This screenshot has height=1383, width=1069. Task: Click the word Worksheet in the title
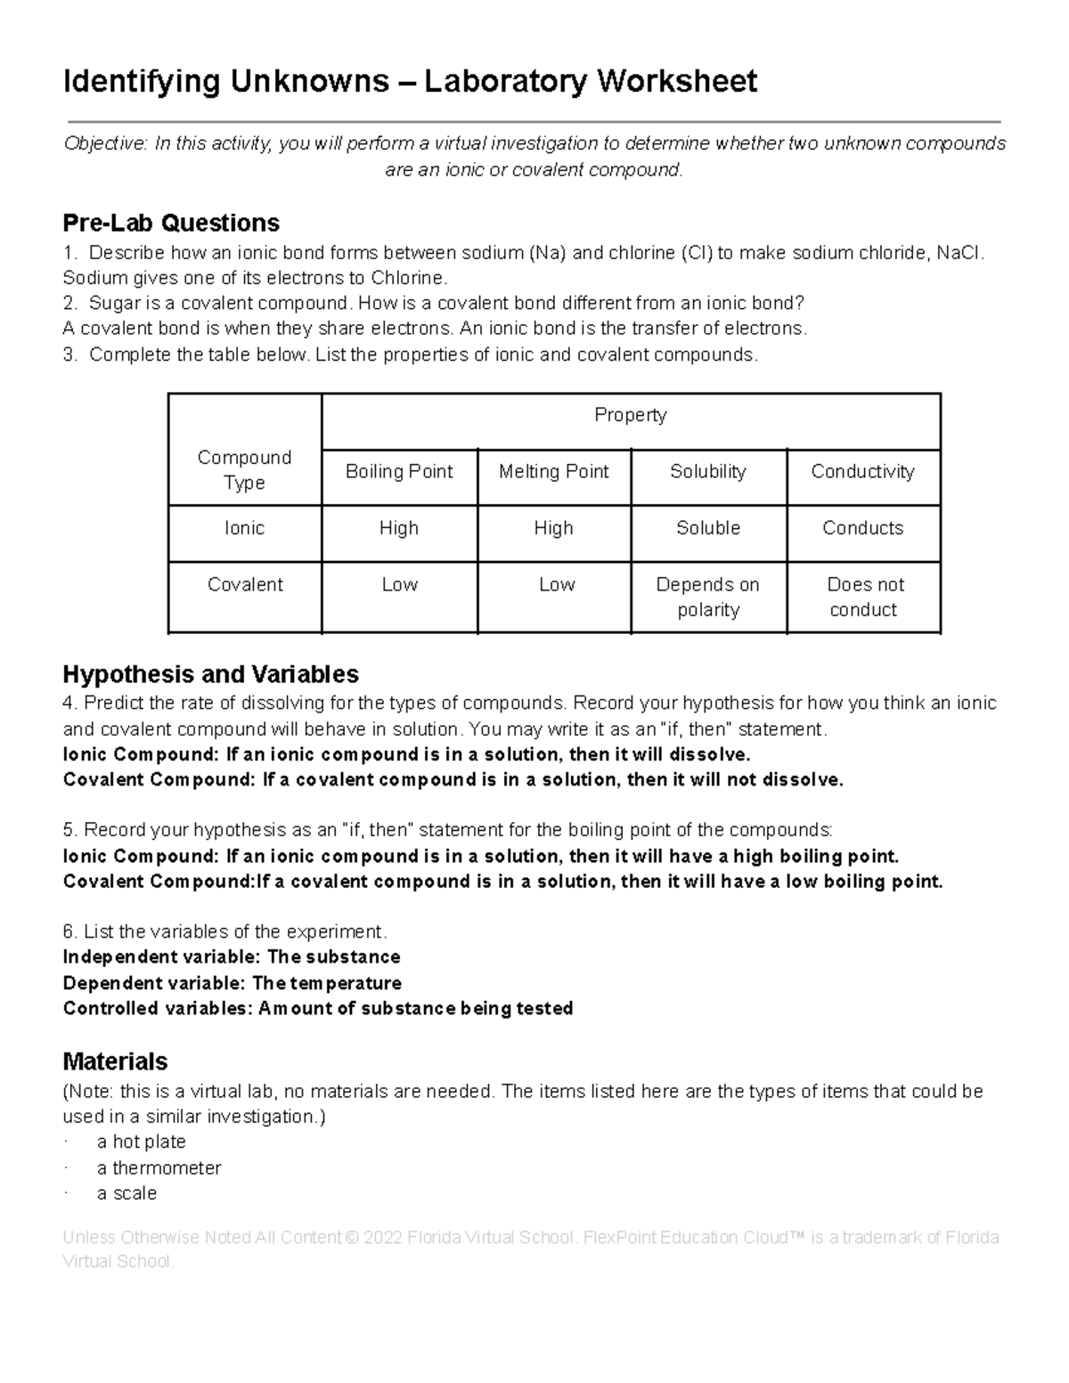pyautogui.click(x=677, y=81)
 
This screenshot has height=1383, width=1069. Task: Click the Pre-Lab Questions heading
pyautogui.click(x=171, y=223)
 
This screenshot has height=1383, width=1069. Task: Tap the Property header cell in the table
pyautogui.click(x=630, y=415)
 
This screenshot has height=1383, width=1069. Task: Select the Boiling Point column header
pyautogui.click(x=399, y=471)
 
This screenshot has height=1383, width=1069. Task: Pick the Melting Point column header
pyautogui.click(x=553, y=471)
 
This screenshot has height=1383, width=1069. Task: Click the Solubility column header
pyautogui.click(x=707, y=471)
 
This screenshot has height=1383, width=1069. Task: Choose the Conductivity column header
pyautogui.click(x=862, y=471)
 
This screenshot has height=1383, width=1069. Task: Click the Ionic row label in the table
pyautogui.click(x=244, y=528)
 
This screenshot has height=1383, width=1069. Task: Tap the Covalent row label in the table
pyautogui.click(x=244, y=585)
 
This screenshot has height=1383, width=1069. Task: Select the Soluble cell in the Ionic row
pyautogui.click(x=707, y=528)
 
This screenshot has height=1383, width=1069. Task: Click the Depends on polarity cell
pyautogui.click(x=707, y=597)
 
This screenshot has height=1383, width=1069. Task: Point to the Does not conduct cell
pyautogui.click(x=863, y=597)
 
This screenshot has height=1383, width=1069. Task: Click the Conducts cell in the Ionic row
pyautogui.click(x=862, y=528)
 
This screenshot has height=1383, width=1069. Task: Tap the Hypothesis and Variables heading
pyautogui.click(x=210, y=674)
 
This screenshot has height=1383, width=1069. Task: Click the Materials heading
pyautogui.click(x=115, y=1062)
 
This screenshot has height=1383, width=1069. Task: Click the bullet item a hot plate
pyautogui.click(x=141, y=1142)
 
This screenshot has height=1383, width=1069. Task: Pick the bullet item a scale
pyautogui.click(x=126, y=1193)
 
